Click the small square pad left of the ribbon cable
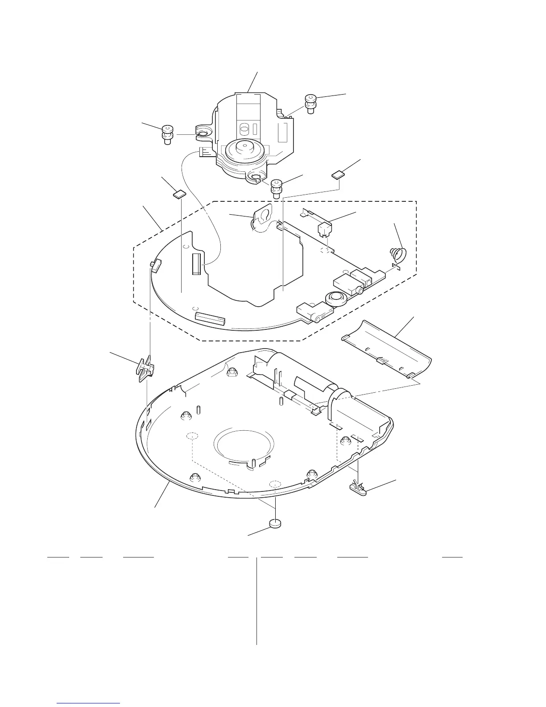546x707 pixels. (179, 194)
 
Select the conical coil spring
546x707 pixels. (398, 254)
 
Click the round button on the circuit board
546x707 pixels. (335, 298)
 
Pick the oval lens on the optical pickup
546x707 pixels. (244, 129)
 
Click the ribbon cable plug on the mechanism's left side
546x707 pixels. (206, 153)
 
